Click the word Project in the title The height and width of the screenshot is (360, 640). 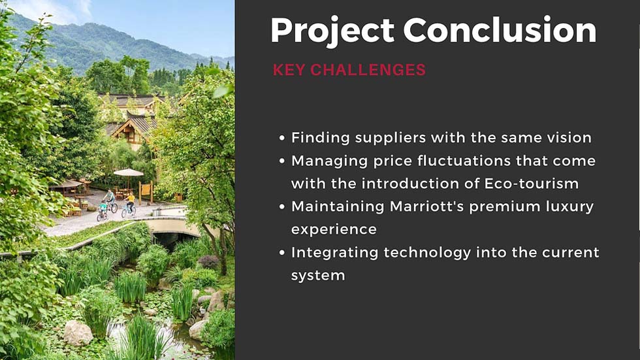pyautogui.click(x=332, y=31)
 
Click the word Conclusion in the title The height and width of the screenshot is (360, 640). pyautogui.click(x=500, y=31)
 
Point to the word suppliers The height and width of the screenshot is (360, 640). pyautogui.click(x=380, y=138)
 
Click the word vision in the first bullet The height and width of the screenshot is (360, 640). pyautogui.click(x=569, y=138)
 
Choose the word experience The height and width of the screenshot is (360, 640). pyautogui.click(x=334, y=229)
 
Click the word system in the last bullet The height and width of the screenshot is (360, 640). pyautogui.click(x=317, y=275)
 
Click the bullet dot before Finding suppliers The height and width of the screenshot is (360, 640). pyautogui.click(x=281, y=139)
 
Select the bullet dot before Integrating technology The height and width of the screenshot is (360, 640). pyautogui.click(x=281, y=253)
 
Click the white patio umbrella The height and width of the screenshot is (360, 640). pyautogui.click(x=128, y=172)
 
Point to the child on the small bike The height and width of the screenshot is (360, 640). pyautogui.click(x=102, y=210)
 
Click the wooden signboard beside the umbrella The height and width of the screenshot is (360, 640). pyautogui.click(x=147, y=191)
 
